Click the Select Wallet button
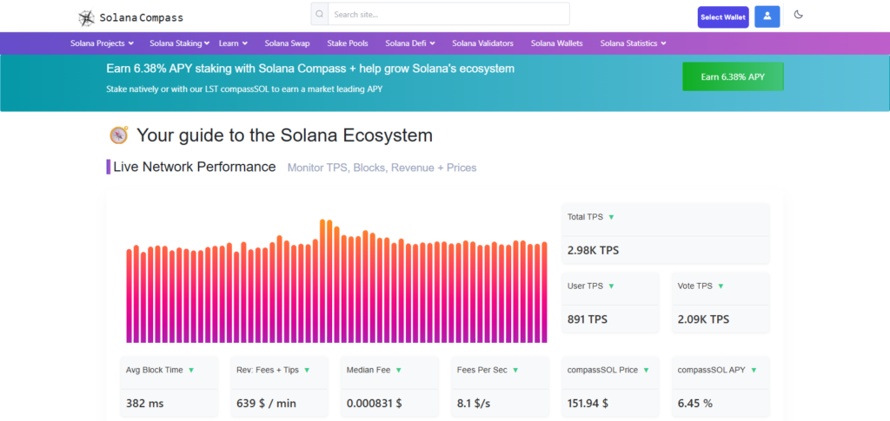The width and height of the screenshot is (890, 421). click(x=723, y=17)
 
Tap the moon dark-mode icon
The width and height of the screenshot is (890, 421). click(x=799, y=15)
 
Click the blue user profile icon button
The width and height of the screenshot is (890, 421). click(x=767, y=17)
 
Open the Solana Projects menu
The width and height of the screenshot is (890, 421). click(x=102, y=43)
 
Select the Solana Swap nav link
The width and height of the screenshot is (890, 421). click(x=287, y=43)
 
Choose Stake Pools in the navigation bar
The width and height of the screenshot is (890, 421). click(x=348, y=43)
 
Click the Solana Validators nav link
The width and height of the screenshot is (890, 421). click(x=483, y=43)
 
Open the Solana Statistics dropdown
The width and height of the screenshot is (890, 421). click(x=633, y=43)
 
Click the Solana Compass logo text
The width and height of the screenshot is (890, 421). click(x=141, y=17)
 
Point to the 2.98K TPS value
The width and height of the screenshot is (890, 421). click(x=593, y=250)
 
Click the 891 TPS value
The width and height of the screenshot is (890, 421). click(x=588, y=319)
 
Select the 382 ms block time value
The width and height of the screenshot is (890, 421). click(x=144, y=404)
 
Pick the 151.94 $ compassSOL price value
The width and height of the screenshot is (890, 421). click(x=588, y=404)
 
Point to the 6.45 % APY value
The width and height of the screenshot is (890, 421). click(x=695, y=404)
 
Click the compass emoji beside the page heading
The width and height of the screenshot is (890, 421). click(x=119, y=135)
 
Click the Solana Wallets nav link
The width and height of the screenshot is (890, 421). click(x=556, y=43)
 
